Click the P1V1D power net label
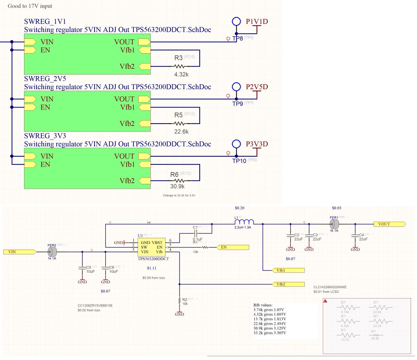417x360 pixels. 257,22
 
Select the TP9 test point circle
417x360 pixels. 236,87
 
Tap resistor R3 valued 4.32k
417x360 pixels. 179,66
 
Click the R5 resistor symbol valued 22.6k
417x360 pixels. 179,123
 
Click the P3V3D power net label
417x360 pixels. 257,144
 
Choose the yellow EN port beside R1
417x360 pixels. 232,247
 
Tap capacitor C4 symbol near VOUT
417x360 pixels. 355,235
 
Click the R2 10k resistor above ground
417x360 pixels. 179,300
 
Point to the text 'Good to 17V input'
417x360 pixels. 30,6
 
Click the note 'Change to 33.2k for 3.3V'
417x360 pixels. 181,195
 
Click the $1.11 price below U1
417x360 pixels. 152,268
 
